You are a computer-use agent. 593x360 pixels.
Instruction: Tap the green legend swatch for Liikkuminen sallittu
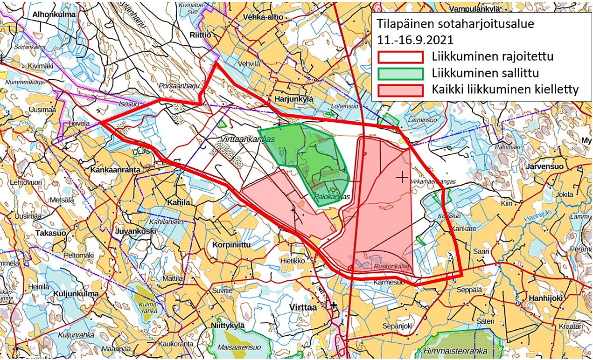(400, 73)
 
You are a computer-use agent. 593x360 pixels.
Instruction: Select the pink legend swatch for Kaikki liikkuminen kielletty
(400, 90)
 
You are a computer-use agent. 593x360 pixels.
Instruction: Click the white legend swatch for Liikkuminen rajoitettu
(400, 57)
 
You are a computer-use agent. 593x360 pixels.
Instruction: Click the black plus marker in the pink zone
(401, 177)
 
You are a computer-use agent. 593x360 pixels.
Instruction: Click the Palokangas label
(332, 197)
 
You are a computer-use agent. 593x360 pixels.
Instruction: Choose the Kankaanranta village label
(115, 170)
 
